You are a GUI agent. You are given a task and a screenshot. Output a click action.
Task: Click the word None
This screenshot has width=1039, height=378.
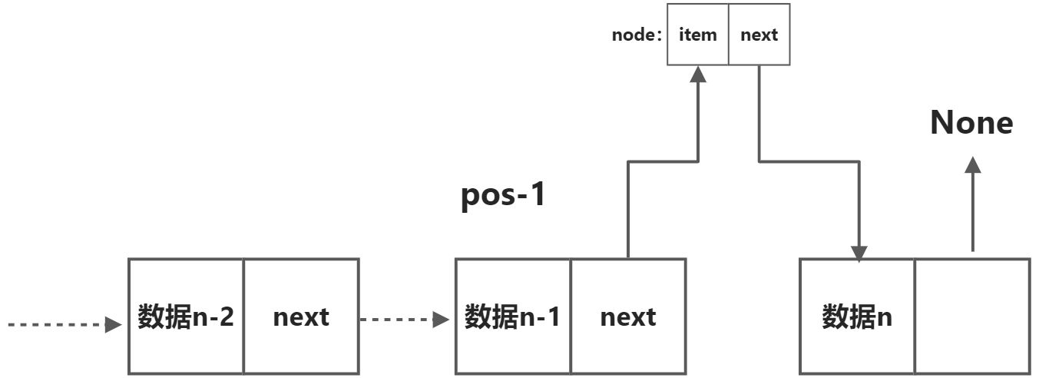[971, 123]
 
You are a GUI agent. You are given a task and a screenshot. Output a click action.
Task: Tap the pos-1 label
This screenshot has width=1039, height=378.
[502, 195]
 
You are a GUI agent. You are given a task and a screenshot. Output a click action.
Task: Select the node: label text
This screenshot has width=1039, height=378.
[637, 35]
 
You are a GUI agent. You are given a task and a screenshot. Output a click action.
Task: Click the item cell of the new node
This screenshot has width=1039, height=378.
[697, 35]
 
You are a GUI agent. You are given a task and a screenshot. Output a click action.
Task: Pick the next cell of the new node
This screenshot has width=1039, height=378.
[759, 35]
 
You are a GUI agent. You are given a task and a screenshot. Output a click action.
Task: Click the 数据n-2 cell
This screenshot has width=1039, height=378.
[186, 317]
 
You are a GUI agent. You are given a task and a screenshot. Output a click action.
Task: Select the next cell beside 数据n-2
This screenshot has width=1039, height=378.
[301, 317]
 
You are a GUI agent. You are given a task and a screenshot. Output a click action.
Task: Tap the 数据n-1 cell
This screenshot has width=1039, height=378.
[513, 317]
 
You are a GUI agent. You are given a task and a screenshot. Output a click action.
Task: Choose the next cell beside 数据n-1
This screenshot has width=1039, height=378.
[628, 317]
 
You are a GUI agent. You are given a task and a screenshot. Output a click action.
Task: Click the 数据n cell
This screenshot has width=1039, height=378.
[857, 317]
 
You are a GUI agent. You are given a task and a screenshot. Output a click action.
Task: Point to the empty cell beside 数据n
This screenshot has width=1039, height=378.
[972, 317]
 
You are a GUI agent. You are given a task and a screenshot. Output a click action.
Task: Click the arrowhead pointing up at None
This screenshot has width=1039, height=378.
[973, 164]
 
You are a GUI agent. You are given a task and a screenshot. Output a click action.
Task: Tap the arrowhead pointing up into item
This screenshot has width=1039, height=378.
[697, 73]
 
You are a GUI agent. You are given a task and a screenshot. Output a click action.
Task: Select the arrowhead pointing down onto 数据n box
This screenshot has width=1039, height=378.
[859, 253]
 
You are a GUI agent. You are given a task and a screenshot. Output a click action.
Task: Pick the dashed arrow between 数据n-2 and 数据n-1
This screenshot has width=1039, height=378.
[405, 319]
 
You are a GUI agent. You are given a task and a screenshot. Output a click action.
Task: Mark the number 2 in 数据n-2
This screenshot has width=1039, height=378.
[225, 317]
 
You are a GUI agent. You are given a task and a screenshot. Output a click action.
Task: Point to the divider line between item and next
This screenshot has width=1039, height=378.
[728, 35]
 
